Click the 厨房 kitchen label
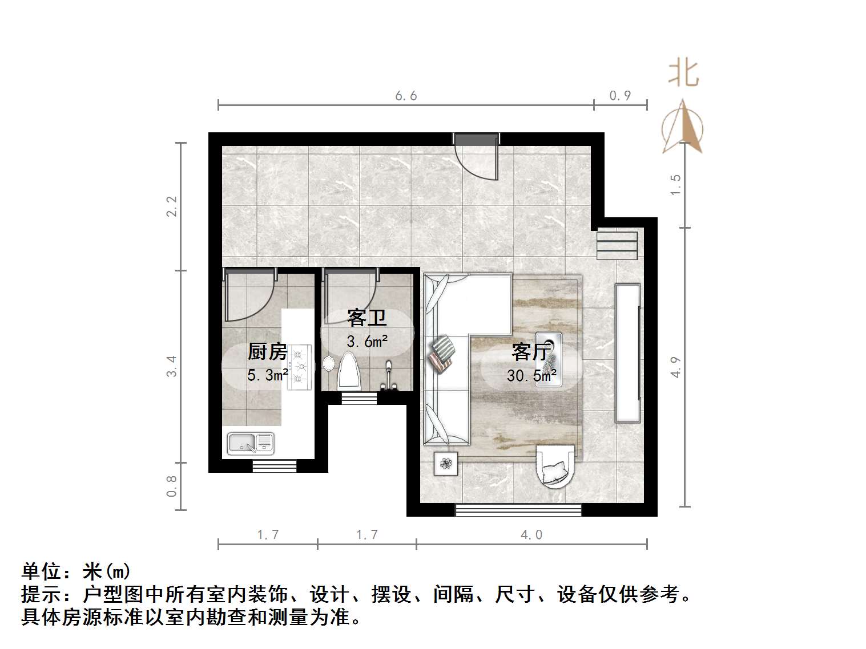tap(267, 351)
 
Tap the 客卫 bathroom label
tap(366, 318)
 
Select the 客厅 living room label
tap(530, 352)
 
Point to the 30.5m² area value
tap(531, 375)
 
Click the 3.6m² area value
tap(367, 341)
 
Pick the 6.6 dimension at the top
tap(406, 96)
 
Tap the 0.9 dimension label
tap(620, 96)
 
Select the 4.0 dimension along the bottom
tap(531, 534)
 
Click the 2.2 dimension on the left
tap(172, 206)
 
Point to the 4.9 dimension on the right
tap(676, 367)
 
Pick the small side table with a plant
tap(446, 463)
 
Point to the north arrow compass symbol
tap(683, 128)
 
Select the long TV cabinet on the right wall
tap(627, 352)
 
